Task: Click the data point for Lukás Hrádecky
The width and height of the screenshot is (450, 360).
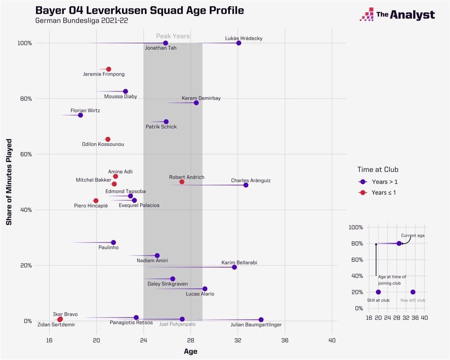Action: pos(239,43)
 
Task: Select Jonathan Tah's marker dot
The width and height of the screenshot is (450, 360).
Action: pos(166,43)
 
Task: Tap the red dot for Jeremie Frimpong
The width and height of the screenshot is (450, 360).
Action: pos(109,69)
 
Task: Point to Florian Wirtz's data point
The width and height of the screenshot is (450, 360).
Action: pos(80,115)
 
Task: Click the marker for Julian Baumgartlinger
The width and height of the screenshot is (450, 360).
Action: pos(261,320)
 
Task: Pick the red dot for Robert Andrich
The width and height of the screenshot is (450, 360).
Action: pos(182,182)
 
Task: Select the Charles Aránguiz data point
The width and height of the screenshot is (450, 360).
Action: pos(246,185)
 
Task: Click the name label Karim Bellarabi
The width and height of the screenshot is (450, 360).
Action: pos(239,262)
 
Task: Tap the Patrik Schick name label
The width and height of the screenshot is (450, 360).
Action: pos(161,127)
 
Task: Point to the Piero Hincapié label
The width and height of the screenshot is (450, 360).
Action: pos(91,205)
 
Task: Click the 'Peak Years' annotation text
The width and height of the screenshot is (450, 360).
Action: pos(173,36)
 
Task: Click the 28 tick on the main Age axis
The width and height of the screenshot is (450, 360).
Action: pos(191,340)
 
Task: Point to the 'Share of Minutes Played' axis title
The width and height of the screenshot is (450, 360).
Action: pos(9,182)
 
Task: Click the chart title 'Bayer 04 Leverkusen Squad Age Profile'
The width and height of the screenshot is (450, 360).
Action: pos(139,10)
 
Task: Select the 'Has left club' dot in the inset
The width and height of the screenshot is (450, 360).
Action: pos(413,292)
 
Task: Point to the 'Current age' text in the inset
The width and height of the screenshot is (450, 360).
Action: pos(413,236)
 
